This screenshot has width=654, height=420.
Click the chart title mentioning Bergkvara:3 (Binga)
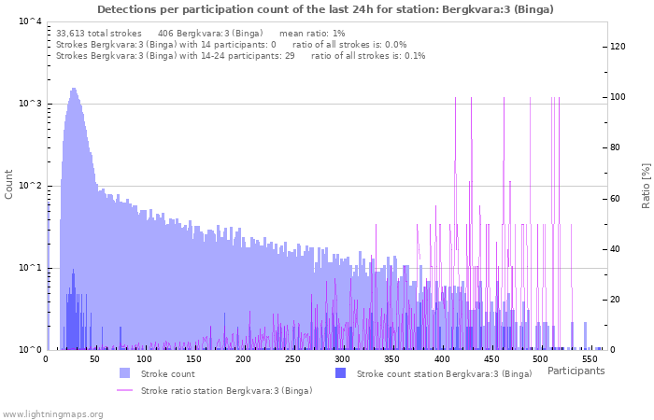coord(325,9)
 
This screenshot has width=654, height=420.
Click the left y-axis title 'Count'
coord(9,183)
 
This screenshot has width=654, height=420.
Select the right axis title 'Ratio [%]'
coord(646,184)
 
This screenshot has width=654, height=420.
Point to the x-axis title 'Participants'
coord(576,371)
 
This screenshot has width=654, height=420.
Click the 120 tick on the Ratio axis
coord(618,47)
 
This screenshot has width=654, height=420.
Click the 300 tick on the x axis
coord(342,358)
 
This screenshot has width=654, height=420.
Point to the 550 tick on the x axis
coord(590,358)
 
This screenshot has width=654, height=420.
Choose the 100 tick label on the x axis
coord(144,358)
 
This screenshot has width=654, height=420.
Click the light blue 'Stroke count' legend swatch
coord(124,373)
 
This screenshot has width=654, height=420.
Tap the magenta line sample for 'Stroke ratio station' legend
coord(124,390)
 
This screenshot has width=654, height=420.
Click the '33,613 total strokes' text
coord(98,33)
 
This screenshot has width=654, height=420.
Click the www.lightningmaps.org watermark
coord(52,413)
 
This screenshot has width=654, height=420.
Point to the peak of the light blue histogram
coord(74,90)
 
